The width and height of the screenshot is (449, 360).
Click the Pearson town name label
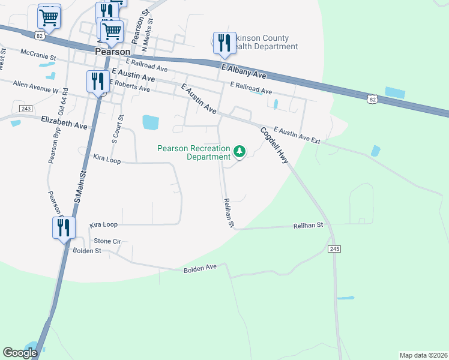pos(112,52)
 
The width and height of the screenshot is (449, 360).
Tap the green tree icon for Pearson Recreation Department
pos(240,151)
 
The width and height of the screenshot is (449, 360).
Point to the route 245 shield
pos(334,248)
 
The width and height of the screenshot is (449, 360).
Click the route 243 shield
pos(25,108)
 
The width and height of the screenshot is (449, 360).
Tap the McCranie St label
pos(38,53)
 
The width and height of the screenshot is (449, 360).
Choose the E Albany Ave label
pos(243,71)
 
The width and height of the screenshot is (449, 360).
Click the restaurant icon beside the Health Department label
pos(224,43)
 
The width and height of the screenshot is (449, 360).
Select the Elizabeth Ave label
pos(64,124)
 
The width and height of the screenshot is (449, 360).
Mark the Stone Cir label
pos(107,241)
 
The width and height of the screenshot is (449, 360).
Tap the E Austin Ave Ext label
pos(297,135)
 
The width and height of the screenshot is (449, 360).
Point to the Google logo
pos(20,352)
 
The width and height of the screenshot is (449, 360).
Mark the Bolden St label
pos(86,250)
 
